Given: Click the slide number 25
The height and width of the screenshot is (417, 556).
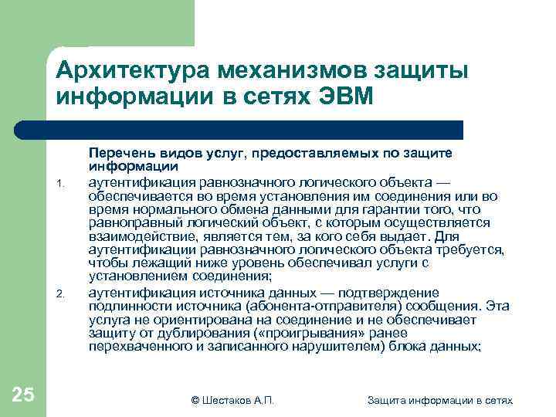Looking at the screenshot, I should [23, 395].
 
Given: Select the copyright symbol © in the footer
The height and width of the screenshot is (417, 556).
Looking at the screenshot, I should [195, 399].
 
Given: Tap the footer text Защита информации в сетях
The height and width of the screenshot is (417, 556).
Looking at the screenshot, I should [440, 399].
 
